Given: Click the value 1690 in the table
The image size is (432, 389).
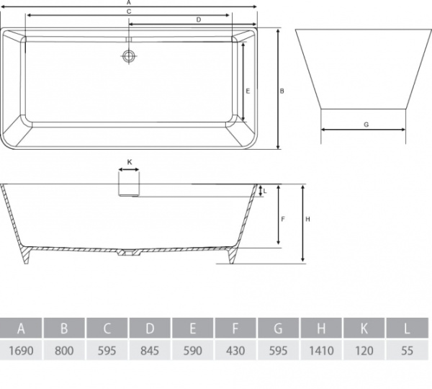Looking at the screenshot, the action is click(x=21, y=350).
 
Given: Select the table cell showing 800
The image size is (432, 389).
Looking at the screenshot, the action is click(x=64, y=350).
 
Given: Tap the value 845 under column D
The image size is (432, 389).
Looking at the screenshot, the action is click(x=150, y=350).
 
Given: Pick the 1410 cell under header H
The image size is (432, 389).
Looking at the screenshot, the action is click(x=321, y=350).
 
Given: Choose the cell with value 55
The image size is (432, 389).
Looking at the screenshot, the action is click(x=408, y=350).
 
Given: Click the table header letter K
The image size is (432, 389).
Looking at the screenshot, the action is click(x=364, y=328).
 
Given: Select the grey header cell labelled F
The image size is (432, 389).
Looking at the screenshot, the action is click(x=235, y=328).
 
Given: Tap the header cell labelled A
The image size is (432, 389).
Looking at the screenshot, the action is click(x=21, y=328).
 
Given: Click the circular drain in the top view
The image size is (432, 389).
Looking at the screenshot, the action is click(x=128, y=55).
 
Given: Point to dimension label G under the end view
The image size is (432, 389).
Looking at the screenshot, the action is click(x=366, y=125).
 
